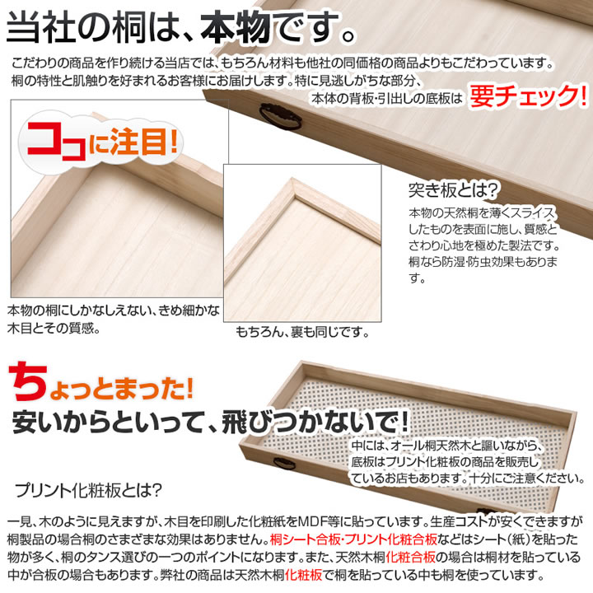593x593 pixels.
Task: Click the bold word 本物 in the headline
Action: [x=235, y=27]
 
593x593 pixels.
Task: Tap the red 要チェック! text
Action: [x=528, y=96]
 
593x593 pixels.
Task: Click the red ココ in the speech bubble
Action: [x=57, y=142]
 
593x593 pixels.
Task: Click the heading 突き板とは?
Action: [x=453, y=190]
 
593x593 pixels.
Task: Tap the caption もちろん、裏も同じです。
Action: [x=302, y=332]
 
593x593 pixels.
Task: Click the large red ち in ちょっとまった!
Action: [x=28, y=381]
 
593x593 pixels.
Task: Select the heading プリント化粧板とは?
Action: [x=88, y=491]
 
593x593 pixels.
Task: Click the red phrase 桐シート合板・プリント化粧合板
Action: [x=353, y=539]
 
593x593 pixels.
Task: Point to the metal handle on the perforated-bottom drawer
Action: [x=284, y=463]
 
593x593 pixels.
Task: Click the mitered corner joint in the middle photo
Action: [x=293, y=189]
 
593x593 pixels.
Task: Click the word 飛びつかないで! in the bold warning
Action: [x=315, y=422]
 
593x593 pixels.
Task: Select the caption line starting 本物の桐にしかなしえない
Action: [x=114, y=311]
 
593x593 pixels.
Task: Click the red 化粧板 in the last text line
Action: [x=304, y=575]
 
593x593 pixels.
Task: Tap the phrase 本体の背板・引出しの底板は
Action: [x=387, y=98]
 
